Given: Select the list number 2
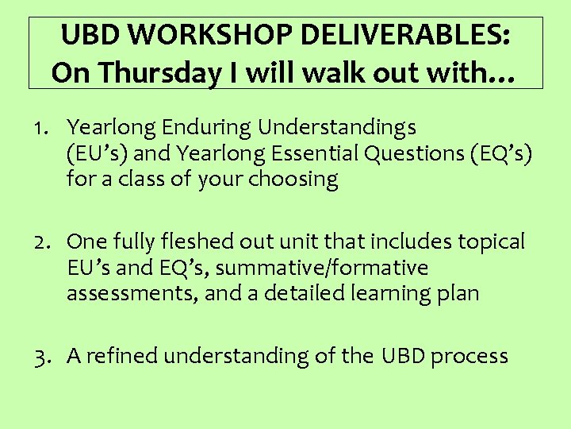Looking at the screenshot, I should (40, 242).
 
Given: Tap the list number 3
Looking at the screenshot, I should (40, 357).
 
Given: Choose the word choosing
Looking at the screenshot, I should (294, 180).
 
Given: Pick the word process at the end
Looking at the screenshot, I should (469, 357).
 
